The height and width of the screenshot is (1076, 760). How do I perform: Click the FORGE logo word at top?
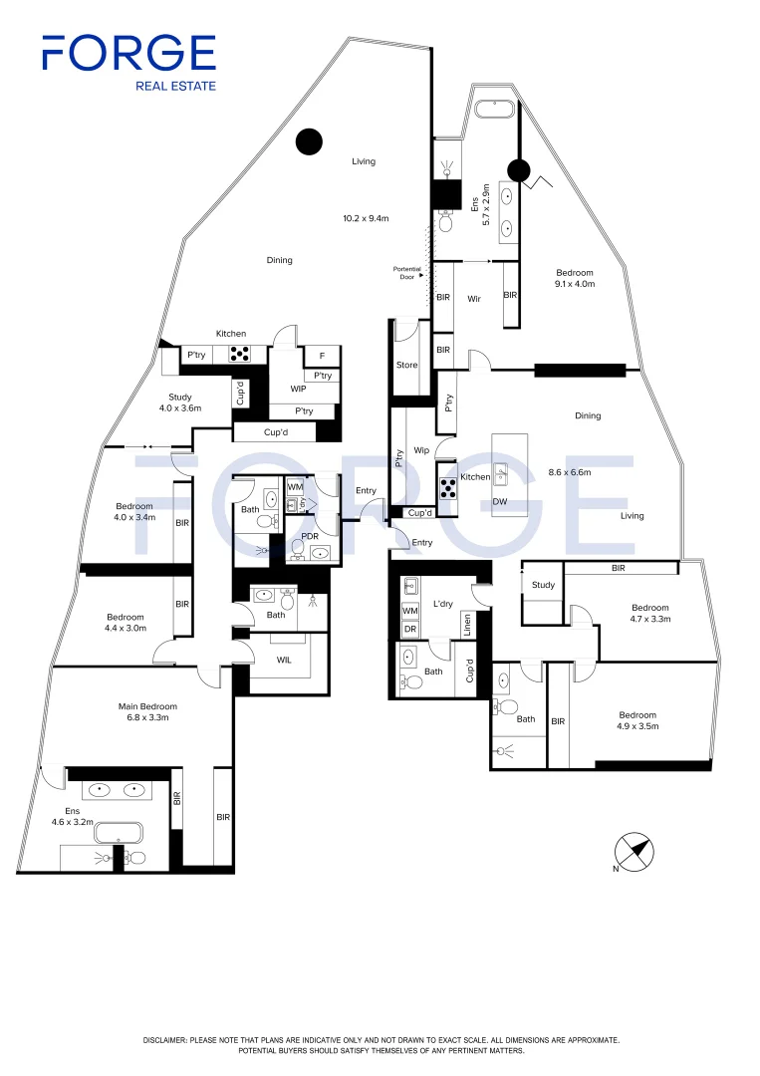(128, 53)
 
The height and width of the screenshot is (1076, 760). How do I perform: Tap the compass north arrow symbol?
(633, 852)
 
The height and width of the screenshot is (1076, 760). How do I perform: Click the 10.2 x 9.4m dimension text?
(366, 218)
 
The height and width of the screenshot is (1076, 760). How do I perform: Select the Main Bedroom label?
(147, 706)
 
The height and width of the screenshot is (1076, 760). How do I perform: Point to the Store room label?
(406, 365)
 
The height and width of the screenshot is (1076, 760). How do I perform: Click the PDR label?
(310, 537)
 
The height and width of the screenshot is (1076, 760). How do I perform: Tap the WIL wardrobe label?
(284, 660)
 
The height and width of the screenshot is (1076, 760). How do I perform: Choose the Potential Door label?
(406, 272)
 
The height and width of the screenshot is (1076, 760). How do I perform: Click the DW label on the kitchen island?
(500, 501)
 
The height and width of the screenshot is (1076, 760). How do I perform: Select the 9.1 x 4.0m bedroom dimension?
(575, 283)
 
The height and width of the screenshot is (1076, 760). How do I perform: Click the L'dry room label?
(443, 604)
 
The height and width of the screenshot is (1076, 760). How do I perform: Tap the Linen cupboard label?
(467, 624)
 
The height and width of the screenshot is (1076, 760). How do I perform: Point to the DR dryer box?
(410, 629)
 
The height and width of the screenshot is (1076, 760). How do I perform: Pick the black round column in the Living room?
(309, 141)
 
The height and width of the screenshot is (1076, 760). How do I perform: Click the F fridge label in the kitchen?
(322, 356)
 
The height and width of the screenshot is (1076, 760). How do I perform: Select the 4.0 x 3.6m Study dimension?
(180, 407)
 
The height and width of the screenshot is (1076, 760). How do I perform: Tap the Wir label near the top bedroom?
(474, 299)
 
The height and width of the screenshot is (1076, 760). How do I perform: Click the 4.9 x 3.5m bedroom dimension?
(637, 726)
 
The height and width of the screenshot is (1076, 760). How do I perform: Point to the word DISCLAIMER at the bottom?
(164, 1040)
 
